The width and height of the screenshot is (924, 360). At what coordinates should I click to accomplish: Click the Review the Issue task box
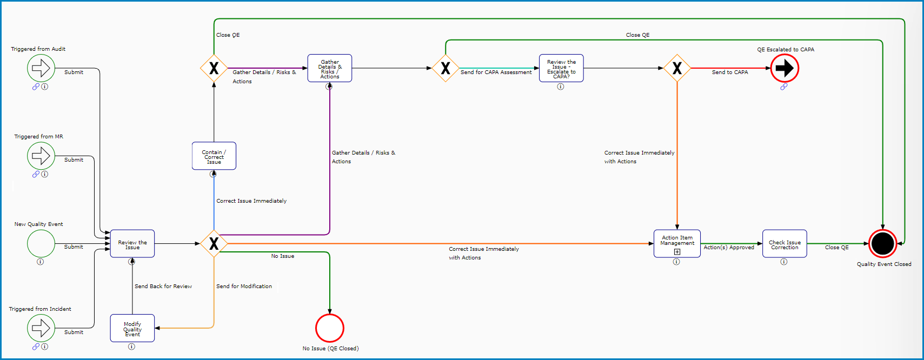click(132, 244)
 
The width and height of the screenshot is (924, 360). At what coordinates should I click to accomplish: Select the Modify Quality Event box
click(132, 328)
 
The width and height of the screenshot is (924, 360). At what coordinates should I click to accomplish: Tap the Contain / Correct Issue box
click(214, 156)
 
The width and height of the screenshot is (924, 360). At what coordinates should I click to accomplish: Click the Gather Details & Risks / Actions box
click(330, 68)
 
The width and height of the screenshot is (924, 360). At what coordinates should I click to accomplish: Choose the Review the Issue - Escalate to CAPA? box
click(561, 68)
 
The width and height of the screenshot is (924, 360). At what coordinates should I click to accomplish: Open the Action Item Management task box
click(677, 244)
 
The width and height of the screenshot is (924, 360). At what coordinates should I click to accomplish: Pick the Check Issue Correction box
click(785, 244)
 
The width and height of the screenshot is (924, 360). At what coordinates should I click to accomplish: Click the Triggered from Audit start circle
click(41, 68)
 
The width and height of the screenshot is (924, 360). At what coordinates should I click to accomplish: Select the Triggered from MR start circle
click(41, 156)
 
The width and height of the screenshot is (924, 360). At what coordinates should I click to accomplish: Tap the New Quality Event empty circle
click(41, 244)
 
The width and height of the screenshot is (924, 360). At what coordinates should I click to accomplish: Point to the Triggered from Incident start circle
click(41, 328)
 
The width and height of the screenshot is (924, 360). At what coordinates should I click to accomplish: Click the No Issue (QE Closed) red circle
click(330, 328)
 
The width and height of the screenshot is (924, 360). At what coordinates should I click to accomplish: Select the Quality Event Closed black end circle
click(883, 244)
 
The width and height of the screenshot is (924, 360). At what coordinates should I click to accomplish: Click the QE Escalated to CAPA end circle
click(785, 68)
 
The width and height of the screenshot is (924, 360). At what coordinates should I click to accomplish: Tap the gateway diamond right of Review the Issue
click(214, 244)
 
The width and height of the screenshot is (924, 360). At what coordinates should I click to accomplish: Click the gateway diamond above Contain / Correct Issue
click(214, 68)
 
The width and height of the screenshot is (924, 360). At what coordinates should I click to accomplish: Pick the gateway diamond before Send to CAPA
click(677, 68)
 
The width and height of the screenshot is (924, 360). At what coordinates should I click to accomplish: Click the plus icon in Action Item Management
click(677, 251)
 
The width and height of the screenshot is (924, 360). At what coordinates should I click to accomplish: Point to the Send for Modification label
click(244, 286)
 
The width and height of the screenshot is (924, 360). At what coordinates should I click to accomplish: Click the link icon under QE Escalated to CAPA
click(784, 86)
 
